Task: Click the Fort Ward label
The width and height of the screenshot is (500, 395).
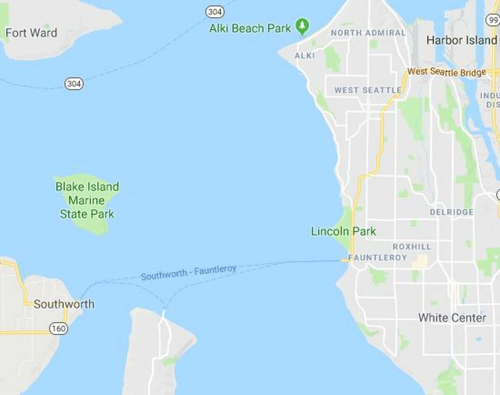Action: click(31, 33)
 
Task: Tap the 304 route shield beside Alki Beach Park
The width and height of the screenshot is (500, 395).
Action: click(215, 12)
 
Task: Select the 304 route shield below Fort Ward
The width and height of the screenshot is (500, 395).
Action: click(74, 84)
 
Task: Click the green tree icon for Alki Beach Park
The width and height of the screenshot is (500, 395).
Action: click(302, 26)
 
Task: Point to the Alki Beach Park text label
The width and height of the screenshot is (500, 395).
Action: click(250, 28)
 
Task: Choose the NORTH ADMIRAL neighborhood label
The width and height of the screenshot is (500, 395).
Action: click(368, 33)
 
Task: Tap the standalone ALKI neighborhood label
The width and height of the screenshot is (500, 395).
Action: click(305, 55)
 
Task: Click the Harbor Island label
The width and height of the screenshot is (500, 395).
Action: click(462, 40)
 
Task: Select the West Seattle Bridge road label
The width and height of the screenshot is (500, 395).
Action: click(446, 72)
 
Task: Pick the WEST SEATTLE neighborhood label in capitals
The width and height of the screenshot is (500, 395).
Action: click(368, 90)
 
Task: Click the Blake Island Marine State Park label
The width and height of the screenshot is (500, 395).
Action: click(87, 201)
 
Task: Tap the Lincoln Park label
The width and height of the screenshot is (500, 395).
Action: click(343, 231)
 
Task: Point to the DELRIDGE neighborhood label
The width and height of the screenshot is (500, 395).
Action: click(451, 212)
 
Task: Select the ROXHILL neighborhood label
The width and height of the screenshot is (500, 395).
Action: click(412, 247)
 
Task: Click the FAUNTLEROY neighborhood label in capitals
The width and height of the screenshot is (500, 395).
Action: click(377, 258)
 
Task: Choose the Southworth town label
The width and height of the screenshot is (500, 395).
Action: click(64, 304)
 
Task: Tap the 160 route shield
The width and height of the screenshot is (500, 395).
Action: click(58, 329)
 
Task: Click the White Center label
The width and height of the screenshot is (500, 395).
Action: click(452, 318)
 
